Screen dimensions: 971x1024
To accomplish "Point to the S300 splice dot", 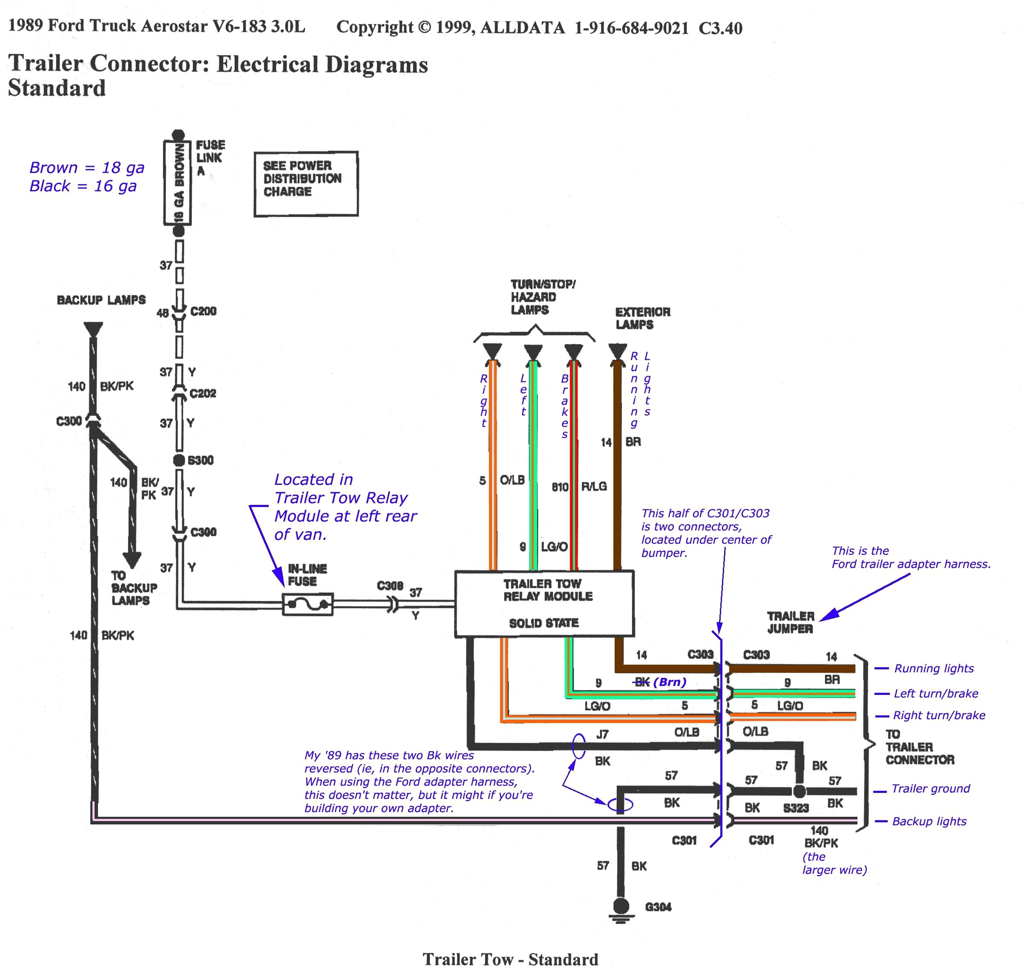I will [179, 460].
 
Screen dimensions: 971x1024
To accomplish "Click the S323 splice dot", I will [800, 791].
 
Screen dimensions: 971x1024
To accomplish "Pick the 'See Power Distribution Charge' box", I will [306, 184].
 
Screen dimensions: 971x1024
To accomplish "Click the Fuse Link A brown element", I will [178, 183].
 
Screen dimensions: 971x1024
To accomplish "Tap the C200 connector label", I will [203, 311].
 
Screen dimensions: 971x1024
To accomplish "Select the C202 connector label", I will [203, 393].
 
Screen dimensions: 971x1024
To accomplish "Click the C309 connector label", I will [390, 586].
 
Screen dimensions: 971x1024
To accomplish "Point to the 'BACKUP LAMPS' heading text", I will [101, 300].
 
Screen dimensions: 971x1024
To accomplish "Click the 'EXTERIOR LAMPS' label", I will [642, 318].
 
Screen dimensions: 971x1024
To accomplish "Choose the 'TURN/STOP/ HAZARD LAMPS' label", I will [542, 297].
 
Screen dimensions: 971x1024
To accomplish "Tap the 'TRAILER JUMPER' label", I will [790, 622].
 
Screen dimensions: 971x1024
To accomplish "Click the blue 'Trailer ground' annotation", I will [930, 789].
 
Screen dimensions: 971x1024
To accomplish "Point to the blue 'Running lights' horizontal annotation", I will [933, 669].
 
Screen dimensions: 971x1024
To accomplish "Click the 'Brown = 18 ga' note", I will [86, 168].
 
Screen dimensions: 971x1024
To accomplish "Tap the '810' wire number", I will [560, 487].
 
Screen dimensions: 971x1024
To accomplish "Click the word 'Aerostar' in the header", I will [174, 26].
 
